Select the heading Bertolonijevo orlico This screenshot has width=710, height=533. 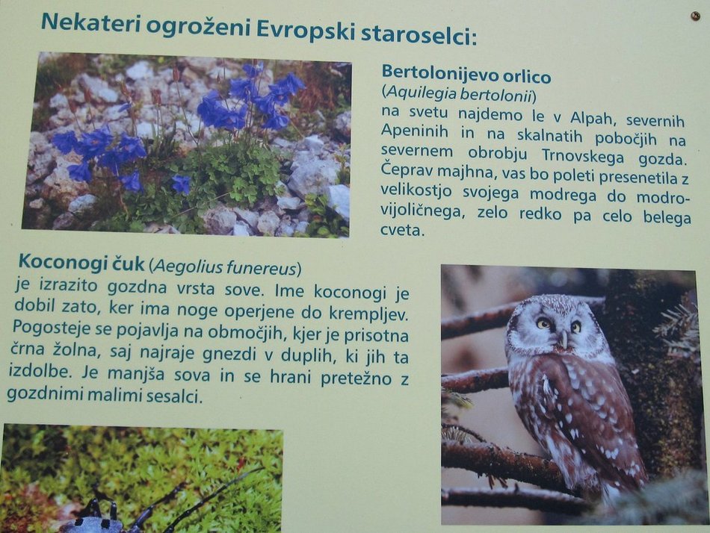click(x=466, y=75)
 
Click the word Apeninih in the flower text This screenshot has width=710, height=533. click(x=415, y=131)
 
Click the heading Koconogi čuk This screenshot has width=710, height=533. click(x=81, y=263)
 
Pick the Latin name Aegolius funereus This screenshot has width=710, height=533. click(x=225, y=267)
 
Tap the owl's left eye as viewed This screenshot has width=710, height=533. click(x=543, y=323)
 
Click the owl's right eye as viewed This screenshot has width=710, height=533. click(x=575, y=327)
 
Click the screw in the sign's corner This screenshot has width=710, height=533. click(x=695, y=16)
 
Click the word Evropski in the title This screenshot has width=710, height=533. click(x=306, y=30)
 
